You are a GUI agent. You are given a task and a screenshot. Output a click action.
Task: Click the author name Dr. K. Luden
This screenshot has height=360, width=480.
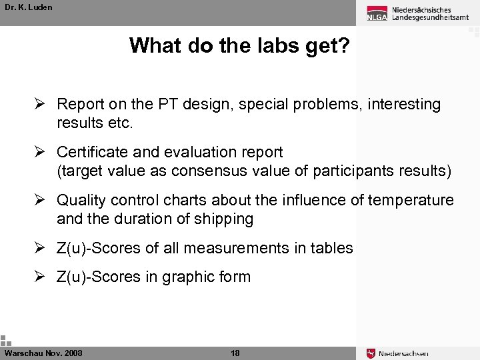click(28, 7)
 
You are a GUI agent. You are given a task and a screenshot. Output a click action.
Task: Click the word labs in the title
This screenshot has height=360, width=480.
click(267, 45)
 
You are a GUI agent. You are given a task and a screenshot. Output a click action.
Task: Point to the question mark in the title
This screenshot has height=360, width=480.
click(343, 45)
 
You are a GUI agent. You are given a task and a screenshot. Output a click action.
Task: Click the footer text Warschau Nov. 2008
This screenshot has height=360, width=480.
click(43, 353)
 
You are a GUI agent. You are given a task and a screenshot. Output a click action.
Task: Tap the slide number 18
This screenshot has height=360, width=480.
click(235, 353)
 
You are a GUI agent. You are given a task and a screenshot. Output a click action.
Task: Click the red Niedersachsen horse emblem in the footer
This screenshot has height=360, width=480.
click(371, 353)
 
